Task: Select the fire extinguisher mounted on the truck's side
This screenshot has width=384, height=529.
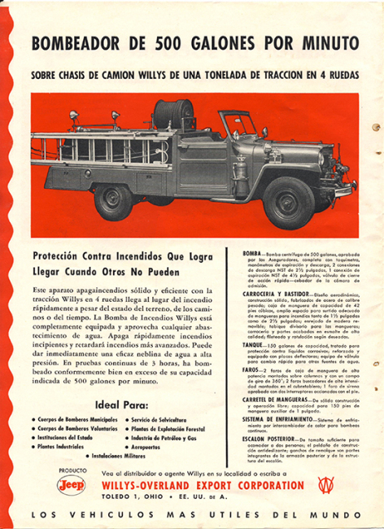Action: tap(242, 175)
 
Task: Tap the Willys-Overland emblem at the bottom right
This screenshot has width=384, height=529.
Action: tap(326, 484)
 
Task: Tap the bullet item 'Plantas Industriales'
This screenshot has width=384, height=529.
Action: tap(60, 447)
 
